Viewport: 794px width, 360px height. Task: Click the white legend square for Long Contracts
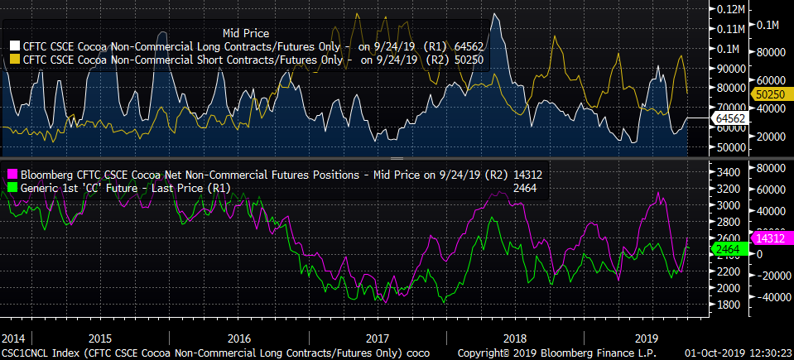click(14, 44)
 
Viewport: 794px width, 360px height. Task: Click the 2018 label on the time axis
click(514, 338)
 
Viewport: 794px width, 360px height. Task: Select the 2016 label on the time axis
click(238, 338)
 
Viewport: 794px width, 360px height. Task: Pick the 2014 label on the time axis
click(13, 338)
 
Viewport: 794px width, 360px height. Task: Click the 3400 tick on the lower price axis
click(727, 172)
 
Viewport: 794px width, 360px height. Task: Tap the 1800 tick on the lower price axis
click(727, 305)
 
